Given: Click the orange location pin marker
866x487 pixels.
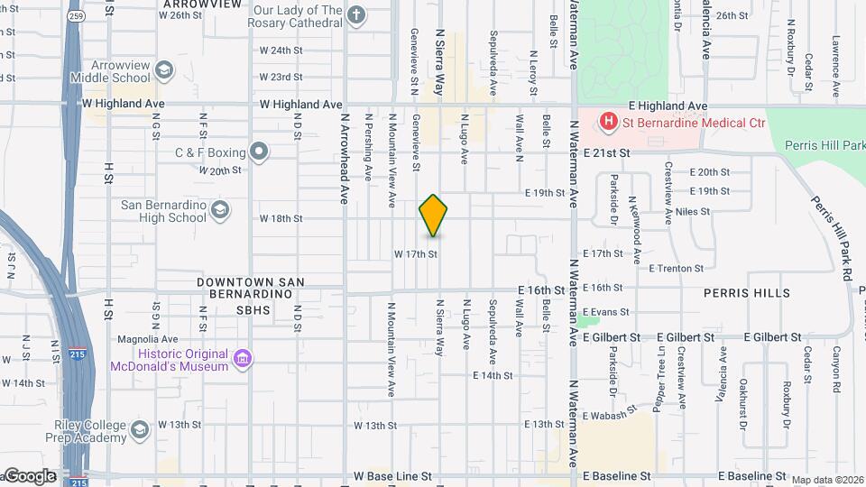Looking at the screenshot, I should coord(433,216).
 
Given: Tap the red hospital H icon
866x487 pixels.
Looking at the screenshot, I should coord(609,120).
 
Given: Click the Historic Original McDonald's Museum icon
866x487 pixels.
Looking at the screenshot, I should coord(243,360).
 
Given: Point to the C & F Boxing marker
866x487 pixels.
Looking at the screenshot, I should coord(260,151).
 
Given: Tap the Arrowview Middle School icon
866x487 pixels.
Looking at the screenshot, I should coord(164,70).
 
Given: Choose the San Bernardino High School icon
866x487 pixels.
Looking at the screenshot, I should coord(219,211).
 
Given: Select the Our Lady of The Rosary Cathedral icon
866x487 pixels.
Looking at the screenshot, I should coord(356,15).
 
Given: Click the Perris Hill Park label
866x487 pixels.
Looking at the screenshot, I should coord(824,144).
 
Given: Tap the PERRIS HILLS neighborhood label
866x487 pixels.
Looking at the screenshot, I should coord(749,293).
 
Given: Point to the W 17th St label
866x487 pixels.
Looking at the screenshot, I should coord(415,254).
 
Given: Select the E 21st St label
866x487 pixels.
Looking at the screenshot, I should coord(605,154).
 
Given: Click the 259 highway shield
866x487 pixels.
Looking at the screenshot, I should coord(76,16).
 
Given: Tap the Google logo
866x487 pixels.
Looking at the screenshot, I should coord(30,475).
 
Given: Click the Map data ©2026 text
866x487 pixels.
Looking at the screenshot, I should coord(827,480).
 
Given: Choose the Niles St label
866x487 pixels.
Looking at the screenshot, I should coord(693,212).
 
